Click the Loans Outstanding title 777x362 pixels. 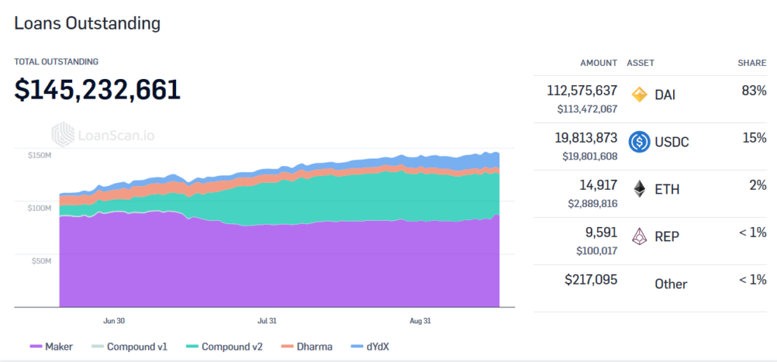tap(87, 24)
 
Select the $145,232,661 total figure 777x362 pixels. tap(97, 90)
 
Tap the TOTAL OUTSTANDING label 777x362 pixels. tap(56, 61)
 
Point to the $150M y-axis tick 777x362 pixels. tap(39, 155)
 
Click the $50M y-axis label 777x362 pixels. tap(41, 261)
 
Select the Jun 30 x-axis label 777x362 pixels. tap(114, 321)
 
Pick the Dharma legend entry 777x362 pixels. tap(307, 347)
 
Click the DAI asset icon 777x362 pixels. tap(640, 95)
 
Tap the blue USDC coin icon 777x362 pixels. tap(640, 142)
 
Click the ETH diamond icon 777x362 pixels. tap(640, 189)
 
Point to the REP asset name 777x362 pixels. tap(667, 237)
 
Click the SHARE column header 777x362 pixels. tap(751, 62)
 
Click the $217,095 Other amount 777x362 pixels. tap(591, 279)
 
